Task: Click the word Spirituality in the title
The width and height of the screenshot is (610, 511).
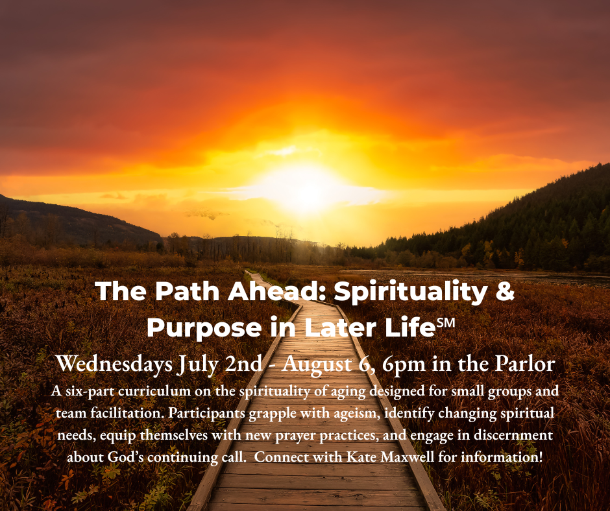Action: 410,292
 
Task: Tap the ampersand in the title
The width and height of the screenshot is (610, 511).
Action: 505,291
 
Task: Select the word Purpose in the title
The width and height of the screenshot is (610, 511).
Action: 204,329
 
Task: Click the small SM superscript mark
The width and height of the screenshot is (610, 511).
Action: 445,323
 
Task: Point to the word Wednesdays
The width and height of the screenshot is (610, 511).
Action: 114,364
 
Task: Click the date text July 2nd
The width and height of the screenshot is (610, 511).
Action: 220,364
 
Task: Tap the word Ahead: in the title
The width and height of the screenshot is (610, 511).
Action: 277,291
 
